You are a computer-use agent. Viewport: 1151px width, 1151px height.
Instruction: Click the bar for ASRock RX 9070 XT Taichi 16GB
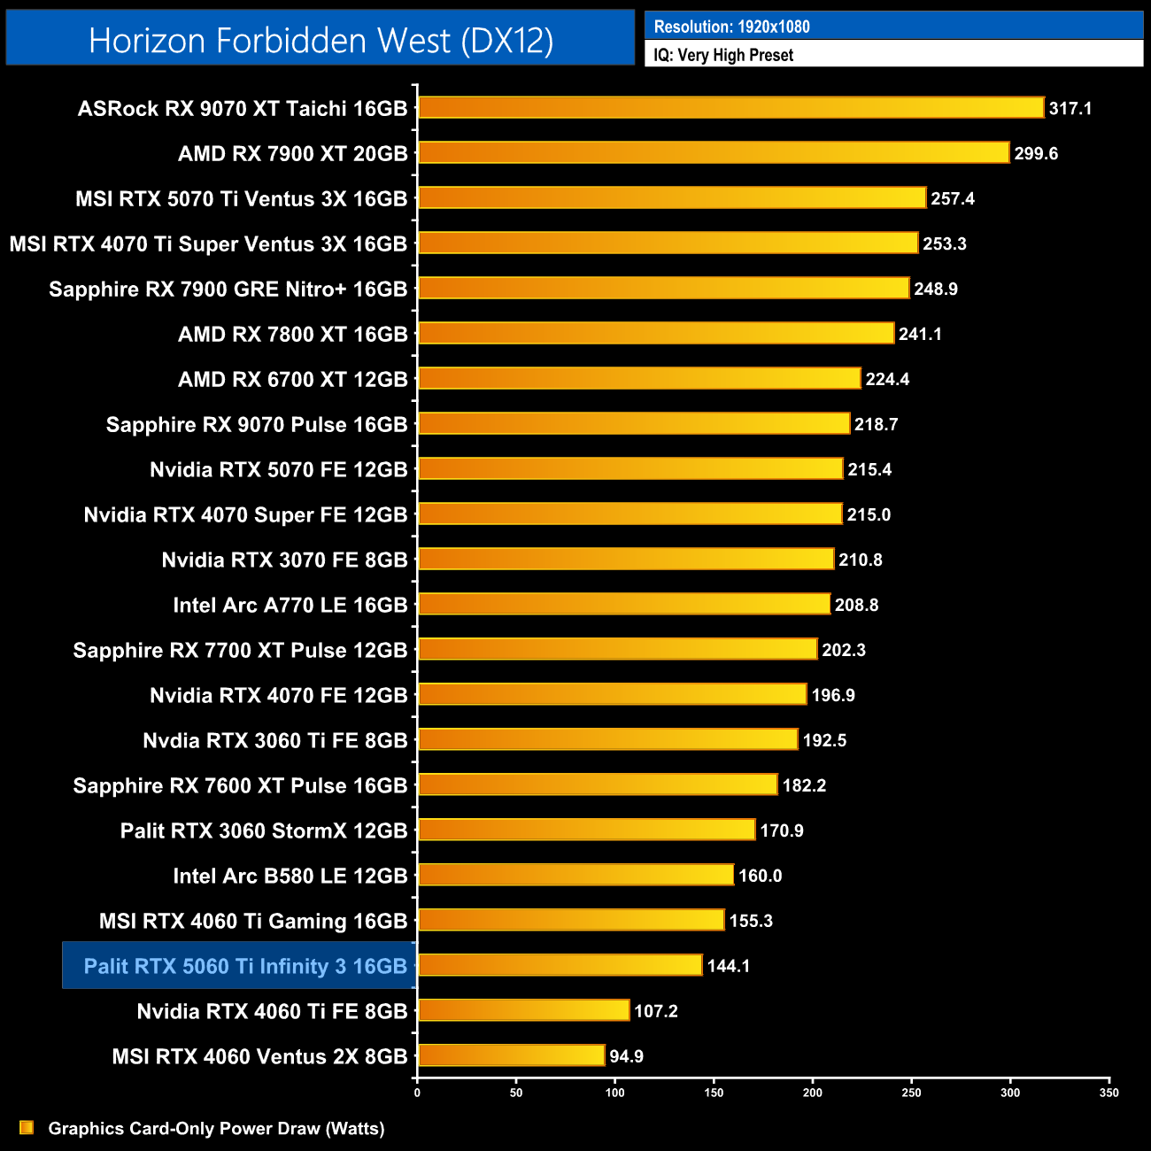click(x=730, y=108)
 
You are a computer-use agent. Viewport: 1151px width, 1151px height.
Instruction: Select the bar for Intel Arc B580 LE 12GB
click(x=575, y=875)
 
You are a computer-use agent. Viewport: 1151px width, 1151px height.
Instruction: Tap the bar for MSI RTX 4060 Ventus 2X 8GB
click(x=511, y=1055)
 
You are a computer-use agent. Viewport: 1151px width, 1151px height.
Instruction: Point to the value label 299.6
click(x=1036, y=153)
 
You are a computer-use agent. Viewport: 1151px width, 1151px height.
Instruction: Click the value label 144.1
click(x=729, y=966)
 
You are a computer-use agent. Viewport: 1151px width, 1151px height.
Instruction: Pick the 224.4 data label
click(x=887, y=379)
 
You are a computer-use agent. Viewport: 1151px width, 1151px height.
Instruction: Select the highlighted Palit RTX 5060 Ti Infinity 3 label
click(x=244, y=966)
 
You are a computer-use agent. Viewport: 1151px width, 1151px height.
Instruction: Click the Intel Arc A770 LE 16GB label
click(x=290, y=605)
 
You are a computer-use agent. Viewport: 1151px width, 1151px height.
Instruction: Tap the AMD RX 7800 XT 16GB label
click(x=292, y=334)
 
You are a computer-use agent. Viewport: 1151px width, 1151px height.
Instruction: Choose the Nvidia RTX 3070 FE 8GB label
click(x=284, y=560)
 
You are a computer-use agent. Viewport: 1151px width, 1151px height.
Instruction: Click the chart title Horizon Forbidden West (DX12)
click(x=321, y=41)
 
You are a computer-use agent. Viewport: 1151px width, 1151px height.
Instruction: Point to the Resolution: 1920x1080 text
click(x=731, y=27)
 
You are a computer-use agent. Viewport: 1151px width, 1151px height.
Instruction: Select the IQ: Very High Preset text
click(x=723, y=55)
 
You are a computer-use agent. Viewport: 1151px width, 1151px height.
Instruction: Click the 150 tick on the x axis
click(x=714, y=1093)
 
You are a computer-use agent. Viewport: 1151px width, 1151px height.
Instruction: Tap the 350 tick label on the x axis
click(x=1109, y=1093)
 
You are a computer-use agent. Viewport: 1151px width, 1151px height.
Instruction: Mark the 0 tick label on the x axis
click(x=417, y=1093)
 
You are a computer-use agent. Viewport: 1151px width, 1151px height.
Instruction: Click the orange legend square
click(x=27, y=1127)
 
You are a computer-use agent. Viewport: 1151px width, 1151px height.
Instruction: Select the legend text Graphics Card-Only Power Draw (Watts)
click(x=216, y=1128)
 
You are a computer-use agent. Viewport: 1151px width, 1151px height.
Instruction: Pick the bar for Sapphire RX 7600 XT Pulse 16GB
click(x=598, y=784)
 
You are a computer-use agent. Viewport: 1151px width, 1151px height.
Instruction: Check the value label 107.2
click(x=655, y=1011)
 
